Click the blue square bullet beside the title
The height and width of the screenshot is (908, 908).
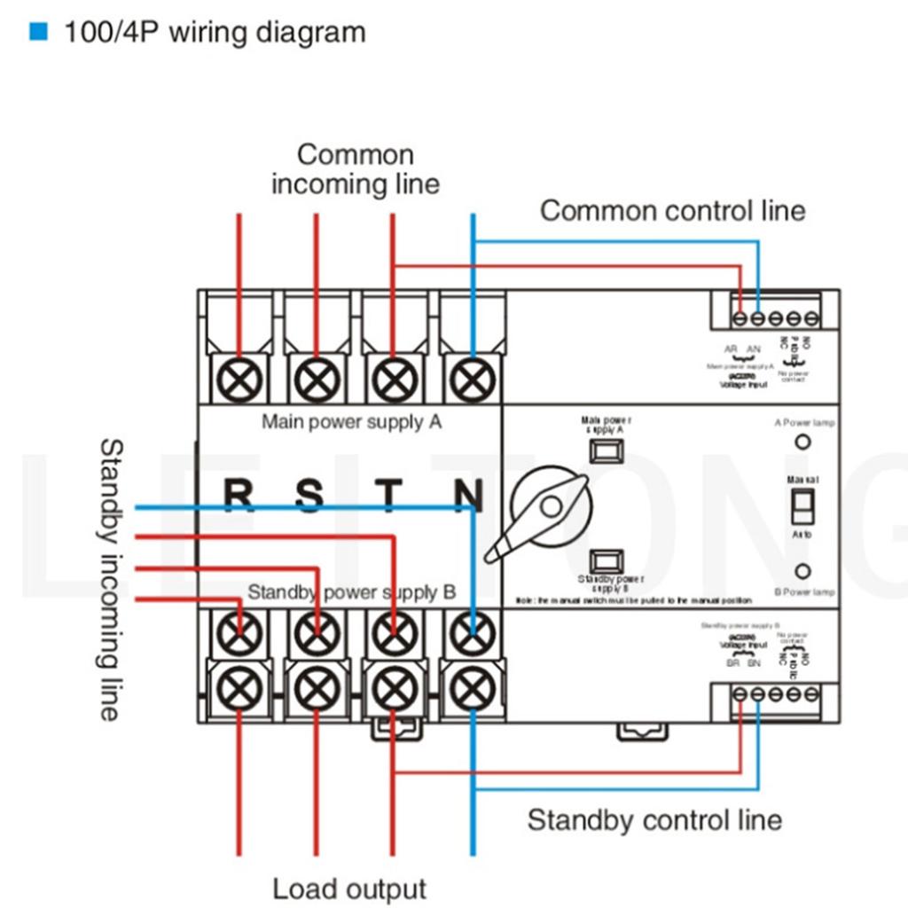(38, 33)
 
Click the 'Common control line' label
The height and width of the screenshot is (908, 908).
(672, 211)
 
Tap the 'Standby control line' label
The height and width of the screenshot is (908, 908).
(654, 820)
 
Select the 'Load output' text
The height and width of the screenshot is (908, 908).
(349, 888)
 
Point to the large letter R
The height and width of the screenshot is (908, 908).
(237, 495)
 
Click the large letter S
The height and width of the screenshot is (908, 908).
(309, 495)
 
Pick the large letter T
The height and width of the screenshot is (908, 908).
(388, 495)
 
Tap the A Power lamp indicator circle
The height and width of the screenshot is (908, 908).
(802, 442)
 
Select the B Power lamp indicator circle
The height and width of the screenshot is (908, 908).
(802, 571)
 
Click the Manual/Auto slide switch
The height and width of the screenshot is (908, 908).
(802, 506)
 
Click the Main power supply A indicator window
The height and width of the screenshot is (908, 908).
(606, 450)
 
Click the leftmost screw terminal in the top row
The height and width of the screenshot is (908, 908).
(239, 382)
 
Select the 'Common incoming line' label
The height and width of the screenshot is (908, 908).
(355, 168)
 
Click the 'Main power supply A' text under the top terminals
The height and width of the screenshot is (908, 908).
(351, 421)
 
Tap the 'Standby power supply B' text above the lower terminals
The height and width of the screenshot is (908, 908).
(351, 592)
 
